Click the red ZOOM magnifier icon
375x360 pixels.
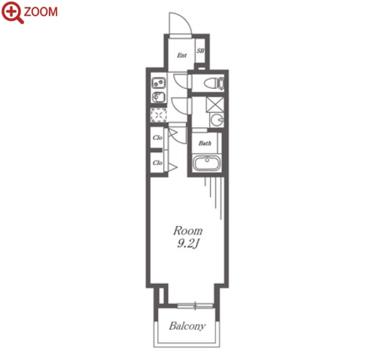tap(13, 13)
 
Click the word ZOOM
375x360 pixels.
tap(41, 12)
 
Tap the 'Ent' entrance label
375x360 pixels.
tap(181, 55)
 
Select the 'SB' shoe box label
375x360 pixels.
tap(200, 50)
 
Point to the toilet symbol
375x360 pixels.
tap(214, 83)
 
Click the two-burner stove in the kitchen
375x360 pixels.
tap(159, 83)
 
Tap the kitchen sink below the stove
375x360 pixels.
tap(158, 96)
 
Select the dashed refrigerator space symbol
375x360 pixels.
tap(158, 115)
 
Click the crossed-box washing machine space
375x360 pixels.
tap(215, 105)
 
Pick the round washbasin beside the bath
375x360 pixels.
tap(217, 120)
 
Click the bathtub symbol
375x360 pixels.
tap(207, 163)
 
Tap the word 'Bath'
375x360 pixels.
tap(205, 143)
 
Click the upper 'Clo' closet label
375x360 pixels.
tap(157, 138)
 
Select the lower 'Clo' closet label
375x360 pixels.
tap(157, 163)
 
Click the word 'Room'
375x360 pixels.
tap(187, 231)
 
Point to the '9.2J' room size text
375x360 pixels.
tap(188, 243)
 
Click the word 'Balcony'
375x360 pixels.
tap(187, 326)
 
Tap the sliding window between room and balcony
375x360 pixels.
tap(195, 306)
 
